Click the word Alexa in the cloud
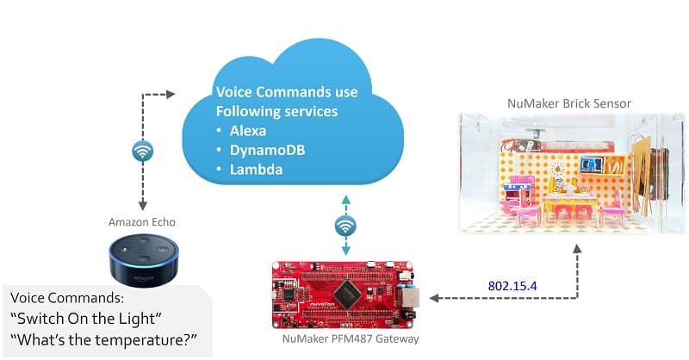pyautogui.click(x=247, y=131)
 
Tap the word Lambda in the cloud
pyautogui.click(x=256, y=170)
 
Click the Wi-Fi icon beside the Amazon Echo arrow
pyautogui.click(x=143, y=152)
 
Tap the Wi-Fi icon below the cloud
pyautogui.click(x=345, y=227)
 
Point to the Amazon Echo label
pyautogui.click(x=142, y=222)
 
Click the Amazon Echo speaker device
pyautogui.click(x=144, y=259)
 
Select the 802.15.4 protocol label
pyautogui.click(x=512, y=286)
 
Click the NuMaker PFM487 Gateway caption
pyautogui.click(x=351, y=339)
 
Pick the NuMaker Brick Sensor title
pyautogui.click(x=569, y=103)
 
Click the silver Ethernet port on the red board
pyautogui.click(x=407, y=297)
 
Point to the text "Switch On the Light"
pyautogui.click(x=86, y=319)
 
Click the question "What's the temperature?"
pyautogui.click(x=103, y=340)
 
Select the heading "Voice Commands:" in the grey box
pyautogui.click(x=67, y=298)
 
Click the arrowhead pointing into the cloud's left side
pyautogui.click(x=171, y=94)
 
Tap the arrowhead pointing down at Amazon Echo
pyautogui.click(x=143, y=205)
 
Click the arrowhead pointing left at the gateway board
pyautogui.click(x=435, y=298)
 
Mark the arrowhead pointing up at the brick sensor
pyautogui.click(x=577, y=249)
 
